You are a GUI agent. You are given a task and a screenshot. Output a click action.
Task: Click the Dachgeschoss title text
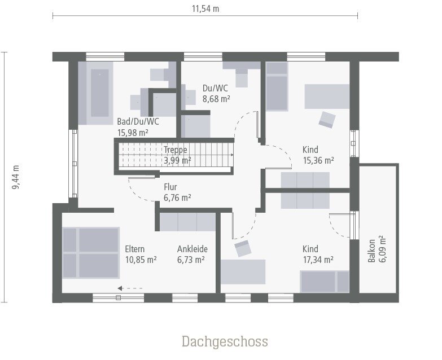pos(225,341)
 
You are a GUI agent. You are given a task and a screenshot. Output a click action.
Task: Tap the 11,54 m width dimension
pos(205,8)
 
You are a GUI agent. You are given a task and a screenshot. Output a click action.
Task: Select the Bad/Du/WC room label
pos(138,121)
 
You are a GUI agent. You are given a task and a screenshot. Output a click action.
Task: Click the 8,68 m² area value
pos(216,98)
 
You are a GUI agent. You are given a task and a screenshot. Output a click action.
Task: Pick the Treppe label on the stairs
pos(176,150)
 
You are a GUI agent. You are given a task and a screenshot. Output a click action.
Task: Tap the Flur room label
pos(171,187)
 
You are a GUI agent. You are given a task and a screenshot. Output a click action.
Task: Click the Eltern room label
pos(135,249)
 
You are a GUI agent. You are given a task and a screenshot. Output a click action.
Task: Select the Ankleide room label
pos(192,249)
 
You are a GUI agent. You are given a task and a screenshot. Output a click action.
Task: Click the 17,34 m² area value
pos(318,260)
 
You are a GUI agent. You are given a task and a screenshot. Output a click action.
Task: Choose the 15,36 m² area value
pos(318,160)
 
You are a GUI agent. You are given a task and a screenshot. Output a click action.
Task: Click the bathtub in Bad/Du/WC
pos(100,94)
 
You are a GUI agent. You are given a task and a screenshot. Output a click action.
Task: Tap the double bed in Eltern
pos(90,252)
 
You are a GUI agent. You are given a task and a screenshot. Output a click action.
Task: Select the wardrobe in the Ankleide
pos(187,222)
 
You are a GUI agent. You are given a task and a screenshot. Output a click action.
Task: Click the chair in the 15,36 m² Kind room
pos(327,119)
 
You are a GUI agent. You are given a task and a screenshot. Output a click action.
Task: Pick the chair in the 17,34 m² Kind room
pos(243,248)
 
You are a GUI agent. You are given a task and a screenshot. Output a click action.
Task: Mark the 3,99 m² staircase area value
pos(177,160)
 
